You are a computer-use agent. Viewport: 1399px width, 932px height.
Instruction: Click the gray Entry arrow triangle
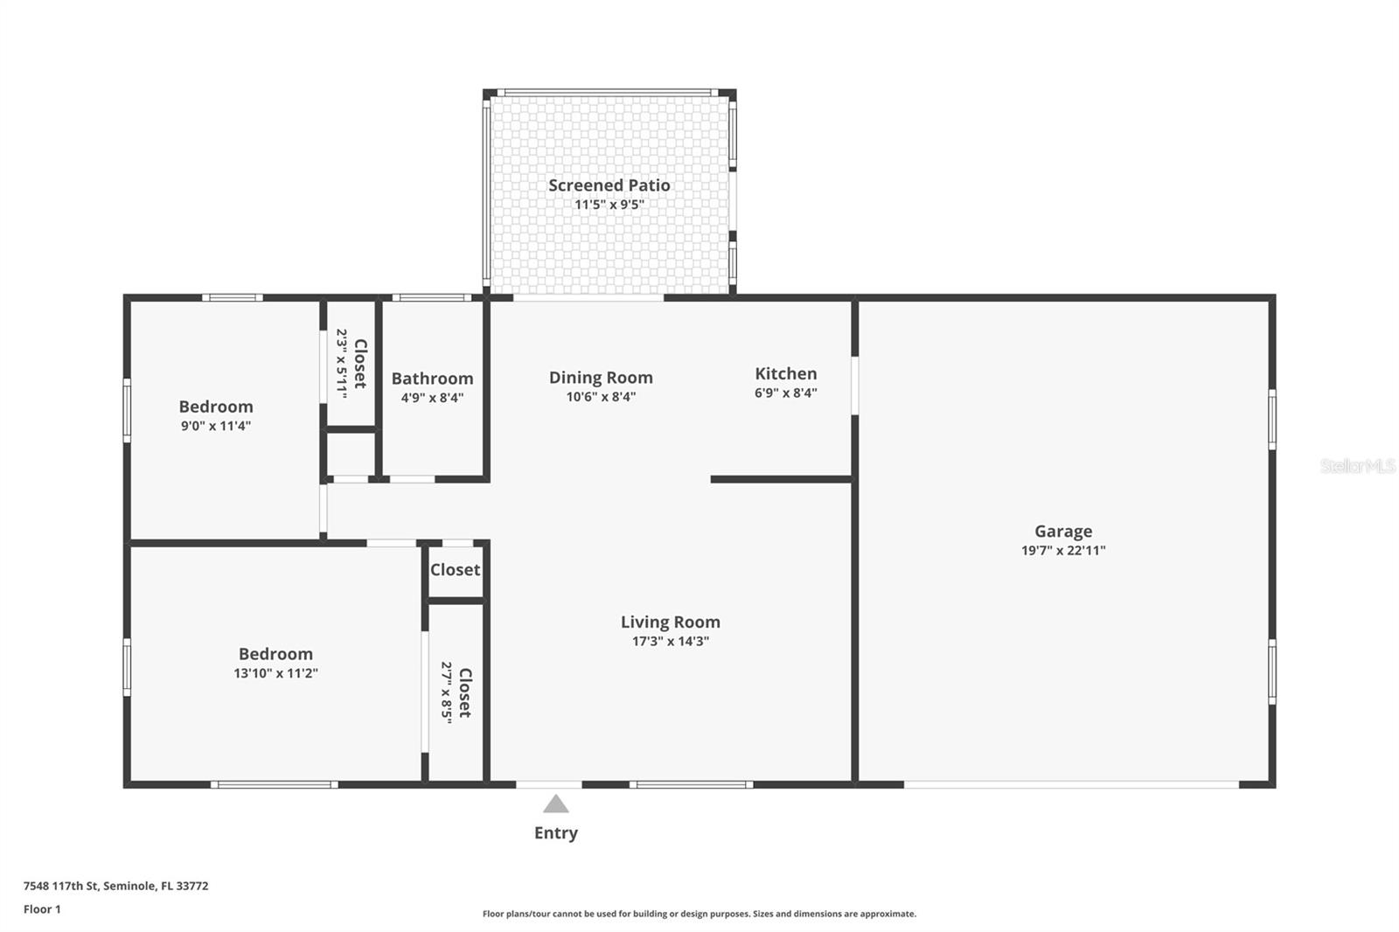[556, 804]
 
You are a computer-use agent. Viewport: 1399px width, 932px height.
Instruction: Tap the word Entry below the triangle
[556, 833]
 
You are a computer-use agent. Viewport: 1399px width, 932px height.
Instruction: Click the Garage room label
[1063, 532]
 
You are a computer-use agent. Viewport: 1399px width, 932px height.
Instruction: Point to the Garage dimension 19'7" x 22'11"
[1063, 550]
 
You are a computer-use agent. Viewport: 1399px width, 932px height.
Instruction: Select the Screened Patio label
[609, 184]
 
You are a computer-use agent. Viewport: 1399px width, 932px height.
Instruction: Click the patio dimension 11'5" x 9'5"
[609, 205]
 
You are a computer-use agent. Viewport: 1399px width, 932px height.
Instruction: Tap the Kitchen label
[786, 373]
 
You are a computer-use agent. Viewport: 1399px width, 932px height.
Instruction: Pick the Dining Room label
[601, 378]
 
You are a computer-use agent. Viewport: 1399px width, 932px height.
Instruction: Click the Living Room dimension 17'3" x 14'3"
[670, 641]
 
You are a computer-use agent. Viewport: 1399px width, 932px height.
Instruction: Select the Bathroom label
[432, 379]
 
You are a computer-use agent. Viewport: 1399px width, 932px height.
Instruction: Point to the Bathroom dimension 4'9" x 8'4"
[432, 398]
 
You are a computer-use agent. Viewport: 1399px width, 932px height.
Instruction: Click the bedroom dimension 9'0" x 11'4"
[215, 426]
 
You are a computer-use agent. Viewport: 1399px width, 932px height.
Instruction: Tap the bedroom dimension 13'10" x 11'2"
[275, 673]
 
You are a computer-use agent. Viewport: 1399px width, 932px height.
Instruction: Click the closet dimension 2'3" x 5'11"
[342, 364]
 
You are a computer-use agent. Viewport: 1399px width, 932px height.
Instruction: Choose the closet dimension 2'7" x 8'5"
[446, 692]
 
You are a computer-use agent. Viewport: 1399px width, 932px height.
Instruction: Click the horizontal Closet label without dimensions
[455, 570]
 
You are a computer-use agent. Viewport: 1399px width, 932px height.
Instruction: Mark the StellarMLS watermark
[1358, 465]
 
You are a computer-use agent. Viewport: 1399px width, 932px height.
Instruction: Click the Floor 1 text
[43, 909]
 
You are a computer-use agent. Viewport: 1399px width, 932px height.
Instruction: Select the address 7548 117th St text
[61, 886]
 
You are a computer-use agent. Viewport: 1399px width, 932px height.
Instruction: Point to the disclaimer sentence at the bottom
[699, 914]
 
